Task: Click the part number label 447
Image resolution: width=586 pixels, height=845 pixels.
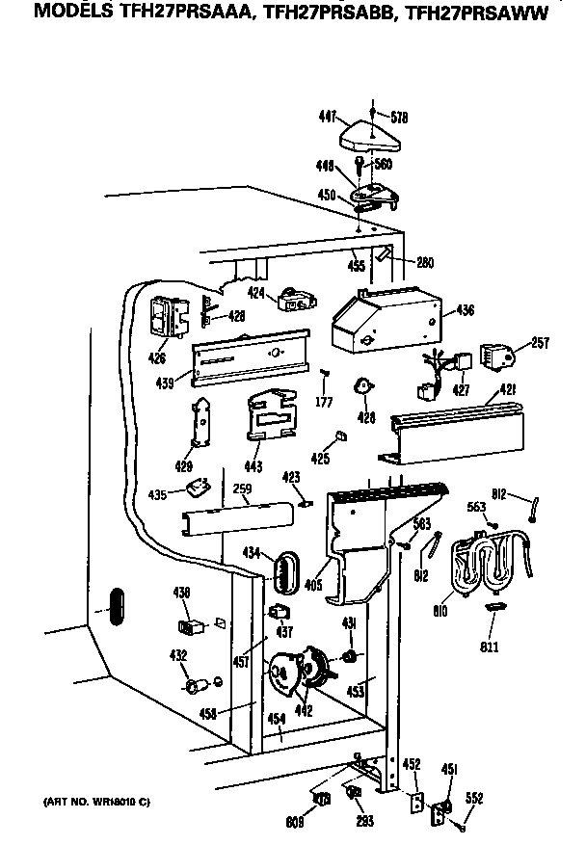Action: click(327, 117)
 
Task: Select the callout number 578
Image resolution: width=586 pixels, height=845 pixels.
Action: click(399, 118)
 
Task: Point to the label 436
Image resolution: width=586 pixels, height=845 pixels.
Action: click(466, 310)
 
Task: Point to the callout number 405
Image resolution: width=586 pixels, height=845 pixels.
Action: click(312, 582)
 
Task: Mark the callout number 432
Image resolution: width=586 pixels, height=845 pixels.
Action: click(178, 655)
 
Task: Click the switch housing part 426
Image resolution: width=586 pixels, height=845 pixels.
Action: click(163, 317)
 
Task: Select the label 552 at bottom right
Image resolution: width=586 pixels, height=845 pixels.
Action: click(474, 797)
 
